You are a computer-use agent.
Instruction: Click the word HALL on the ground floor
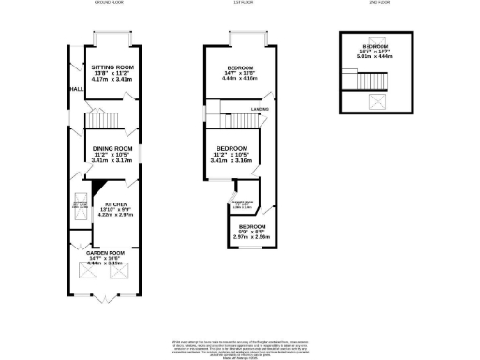coord(76,90)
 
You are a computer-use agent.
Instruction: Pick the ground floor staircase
coord(99,122)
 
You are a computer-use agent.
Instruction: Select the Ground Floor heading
coord(110,4)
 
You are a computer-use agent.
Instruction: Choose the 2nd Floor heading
coord(379,4)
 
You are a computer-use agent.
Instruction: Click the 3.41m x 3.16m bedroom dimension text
coord(232,160)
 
